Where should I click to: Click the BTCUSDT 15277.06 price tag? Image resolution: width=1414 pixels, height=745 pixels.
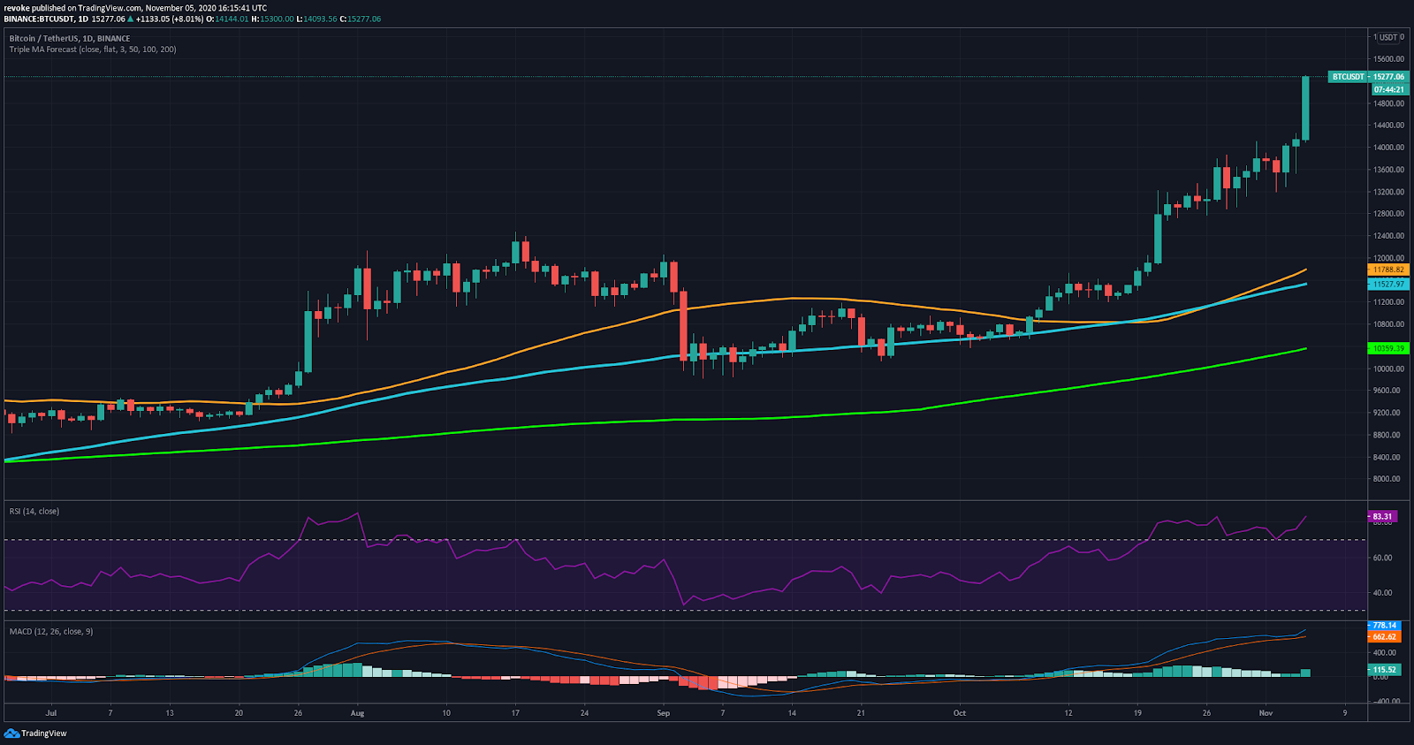(x=1367, y=77)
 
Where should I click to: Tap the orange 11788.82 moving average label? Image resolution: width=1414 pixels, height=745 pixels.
(x=1387, y=270)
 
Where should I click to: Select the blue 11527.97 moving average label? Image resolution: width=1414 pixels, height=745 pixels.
(x=1387, y=285)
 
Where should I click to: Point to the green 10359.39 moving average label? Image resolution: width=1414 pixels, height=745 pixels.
(x=1387, y=349)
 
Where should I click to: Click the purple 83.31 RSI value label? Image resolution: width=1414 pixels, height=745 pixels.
(x=1382, y=516)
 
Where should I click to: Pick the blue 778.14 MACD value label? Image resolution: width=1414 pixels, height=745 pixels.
(x=1384, y=626)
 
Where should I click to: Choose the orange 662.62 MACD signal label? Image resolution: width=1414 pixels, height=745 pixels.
(x=1384, y=636)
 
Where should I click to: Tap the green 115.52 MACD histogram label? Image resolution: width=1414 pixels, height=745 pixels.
(x=1384, y=670)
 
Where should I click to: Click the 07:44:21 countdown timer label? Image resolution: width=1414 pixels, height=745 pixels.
(x=1388, y=89)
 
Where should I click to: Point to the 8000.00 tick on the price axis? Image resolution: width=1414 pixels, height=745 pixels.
(x=1387, y=479)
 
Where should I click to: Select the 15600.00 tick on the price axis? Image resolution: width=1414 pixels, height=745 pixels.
(x=1387, y=59)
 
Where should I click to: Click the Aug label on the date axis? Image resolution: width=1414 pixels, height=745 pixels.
(x=357, y=713)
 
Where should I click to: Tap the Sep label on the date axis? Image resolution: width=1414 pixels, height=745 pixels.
(x=663, y=713)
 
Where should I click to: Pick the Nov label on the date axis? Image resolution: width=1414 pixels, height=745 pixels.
(x=1266, y=713)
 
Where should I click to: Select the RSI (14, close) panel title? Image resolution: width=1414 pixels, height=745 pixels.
(x=34, y=512)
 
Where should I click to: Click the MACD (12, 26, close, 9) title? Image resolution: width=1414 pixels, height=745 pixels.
(x=51, y=632)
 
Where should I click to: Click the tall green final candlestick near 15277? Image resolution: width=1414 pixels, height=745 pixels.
(x=1305, y=108)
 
